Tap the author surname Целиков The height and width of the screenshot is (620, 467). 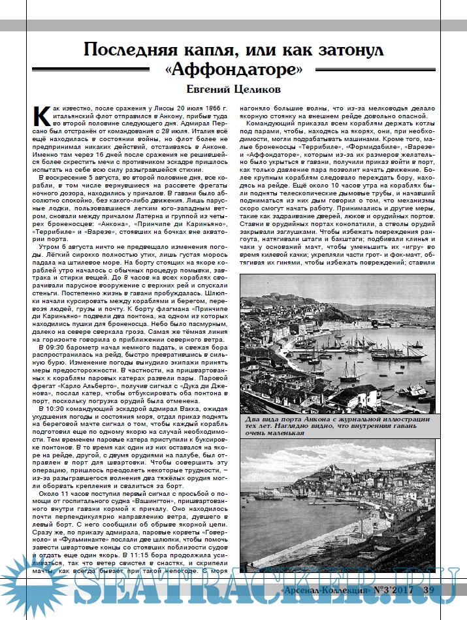tap(257, 89)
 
